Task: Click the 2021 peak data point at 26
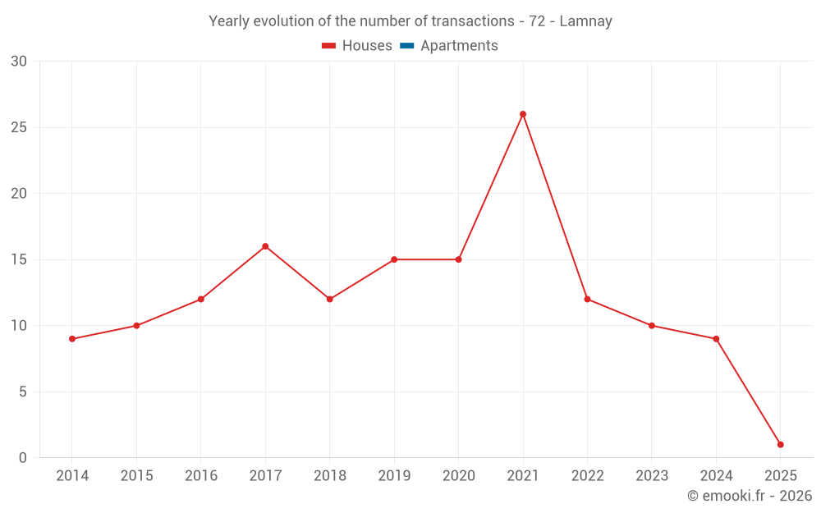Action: click(x=523, y=114)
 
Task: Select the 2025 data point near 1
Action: click(x=780, y=444)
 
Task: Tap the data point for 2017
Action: click(x=265, y=246)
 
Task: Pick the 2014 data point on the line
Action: click(x=72, y=339)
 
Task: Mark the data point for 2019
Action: click(x=394, y=259)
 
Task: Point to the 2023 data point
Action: click(x=652, y=326)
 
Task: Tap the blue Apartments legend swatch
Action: click(x=406, y=46)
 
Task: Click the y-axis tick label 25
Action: click(x=19, y=127)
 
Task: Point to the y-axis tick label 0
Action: click(x=23, y=457)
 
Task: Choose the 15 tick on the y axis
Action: click(x=19, y=259)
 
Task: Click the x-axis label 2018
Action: click(x=329, y=476)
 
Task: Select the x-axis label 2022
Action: click(x=587, y=476)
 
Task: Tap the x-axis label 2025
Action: click(x=780, y=476)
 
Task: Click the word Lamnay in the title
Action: click(x=585, y=21)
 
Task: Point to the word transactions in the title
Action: click(x=472, y=21)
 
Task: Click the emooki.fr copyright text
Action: click(x=749, y=496)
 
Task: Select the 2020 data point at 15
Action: click(x=458, y=259)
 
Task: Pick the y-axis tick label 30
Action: click(x=19, y=62)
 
